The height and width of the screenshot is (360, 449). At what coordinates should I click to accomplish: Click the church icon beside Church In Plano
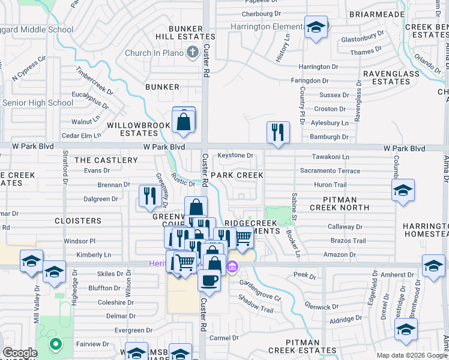(x=192, y=53)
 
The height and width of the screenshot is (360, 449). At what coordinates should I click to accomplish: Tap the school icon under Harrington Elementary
(x=315, y=28)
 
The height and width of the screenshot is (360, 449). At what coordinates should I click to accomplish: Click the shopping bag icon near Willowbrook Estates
(x=184, y=122)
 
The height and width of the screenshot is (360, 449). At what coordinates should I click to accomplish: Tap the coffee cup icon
(x=209, y=280)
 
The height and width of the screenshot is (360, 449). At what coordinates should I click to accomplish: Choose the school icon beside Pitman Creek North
(x=402, y=191)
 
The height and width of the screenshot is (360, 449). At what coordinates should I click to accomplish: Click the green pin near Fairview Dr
(x=55, y=345)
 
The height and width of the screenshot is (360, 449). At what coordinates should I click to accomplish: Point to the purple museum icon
(x=232, y=265)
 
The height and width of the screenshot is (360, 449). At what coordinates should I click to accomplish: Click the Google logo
(x=20, y=353)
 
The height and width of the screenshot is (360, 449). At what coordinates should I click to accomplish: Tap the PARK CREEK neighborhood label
(x=237, y=175)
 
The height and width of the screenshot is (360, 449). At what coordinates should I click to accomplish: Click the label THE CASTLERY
(x=106, y=160)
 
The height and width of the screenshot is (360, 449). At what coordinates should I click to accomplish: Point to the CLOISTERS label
(x=78, y=220)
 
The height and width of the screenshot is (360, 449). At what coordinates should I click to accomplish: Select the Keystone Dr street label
(x=235, y=155)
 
